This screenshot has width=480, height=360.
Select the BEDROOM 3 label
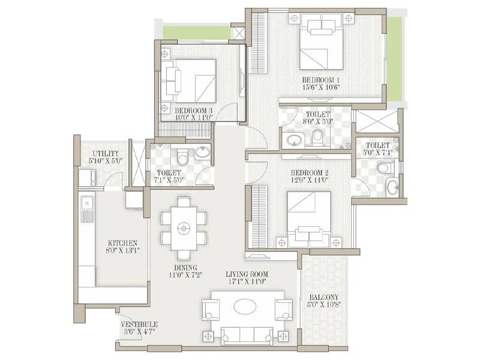[x=194, y=110]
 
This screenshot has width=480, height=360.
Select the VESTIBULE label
[x=138, y=325]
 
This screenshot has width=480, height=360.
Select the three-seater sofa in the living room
[x=244, y=335]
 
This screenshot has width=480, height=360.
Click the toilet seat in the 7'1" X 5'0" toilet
[x=182, y=158]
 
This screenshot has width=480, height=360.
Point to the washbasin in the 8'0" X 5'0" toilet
[x=295, y=140]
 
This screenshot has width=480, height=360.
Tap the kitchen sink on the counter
[x=87, y=207]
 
